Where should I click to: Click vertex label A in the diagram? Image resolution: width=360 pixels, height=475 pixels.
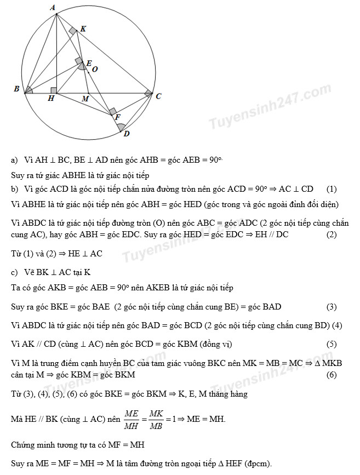click(53, 7)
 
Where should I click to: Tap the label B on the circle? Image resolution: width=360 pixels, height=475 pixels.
click(17, 88)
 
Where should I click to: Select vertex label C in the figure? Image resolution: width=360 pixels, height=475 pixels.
click(158, 96)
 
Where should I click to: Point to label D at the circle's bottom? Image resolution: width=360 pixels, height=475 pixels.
click(126, 134)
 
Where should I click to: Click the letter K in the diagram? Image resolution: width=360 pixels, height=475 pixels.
click(83, 28)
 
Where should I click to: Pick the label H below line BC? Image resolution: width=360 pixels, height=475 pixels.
click(51, 99)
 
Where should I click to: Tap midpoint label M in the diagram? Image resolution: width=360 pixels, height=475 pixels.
click(85, 99)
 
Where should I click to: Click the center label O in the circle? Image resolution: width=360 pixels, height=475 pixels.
click(95, 69)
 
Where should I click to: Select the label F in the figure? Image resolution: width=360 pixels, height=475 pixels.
click(117, 117)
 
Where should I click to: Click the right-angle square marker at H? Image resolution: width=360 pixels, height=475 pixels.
click(53, 90)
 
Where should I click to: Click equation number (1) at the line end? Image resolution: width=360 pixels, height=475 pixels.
click(332, 189)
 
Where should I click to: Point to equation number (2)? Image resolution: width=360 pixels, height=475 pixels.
click(331, 234)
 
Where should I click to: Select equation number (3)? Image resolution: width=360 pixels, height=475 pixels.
click(332, 307)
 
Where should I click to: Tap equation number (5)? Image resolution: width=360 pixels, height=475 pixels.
click(332, 344)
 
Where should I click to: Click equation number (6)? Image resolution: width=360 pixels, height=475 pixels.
click(332, 375)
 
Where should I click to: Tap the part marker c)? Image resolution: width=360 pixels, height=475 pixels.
click(15, 272)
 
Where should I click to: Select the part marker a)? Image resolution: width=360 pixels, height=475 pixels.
click(15, 160)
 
